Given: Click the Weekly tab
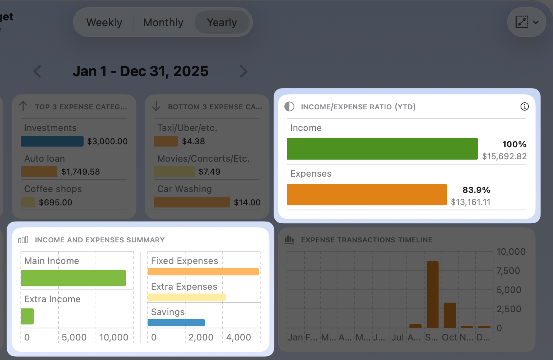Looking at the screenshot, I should click(104, 22).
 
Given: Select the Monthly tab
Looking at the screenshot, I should click(163, 22).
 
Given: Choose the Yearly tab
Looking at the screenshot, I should click(222, 22).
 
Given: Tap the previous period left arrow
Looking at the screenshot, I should click(37, 72).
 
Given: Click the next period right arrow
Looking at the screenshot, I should click(243, 72).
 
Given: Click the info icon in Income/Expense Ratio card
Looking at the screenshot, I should click(525, 107).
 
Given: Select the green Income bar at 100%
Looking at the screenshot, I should click(382, 149).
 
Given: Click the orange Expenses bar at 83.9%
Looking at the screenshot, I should click(367, 195).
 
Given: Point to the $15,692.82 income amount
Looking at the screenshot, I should click(504, 157).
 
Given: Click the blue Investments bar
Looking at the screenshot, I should click(52, 141).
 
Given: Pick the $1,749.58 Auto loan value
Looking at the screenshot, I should click(81, 172).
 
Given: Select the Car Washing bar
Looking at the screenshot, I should click(192, 202).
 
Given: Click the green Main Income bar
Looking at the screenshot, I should click(73, 278).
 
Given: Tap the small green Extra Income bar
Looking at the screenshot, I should click(27, 316).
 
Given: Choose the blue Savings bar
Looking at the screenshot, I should click(176, 323).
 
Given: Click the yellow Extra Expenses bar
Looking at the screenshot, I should click(186, 297).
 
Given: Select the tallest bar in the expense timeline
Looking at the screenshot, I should click(432, 294).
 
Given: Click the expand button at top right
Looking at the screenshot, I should click(526, 22).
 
